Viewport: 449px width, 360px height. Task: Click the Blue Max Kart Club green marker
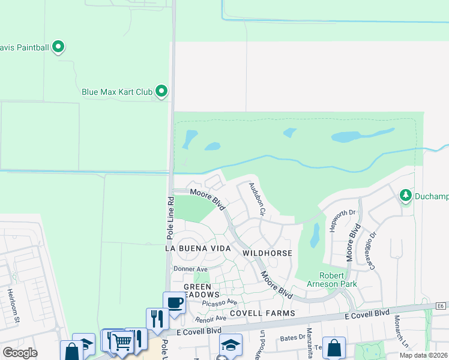(161, 91)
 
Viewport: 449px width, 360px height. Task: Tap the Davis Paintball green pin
(58, 46)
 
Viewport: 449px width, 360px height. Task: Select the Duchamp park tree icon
(406, 195)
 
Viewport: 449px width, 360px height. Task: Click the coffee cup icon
(174, 302)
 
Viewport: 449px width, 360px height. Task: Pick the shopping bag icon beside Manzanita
(334, 347)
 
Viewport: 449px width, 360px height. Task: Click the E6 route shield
(441, 306)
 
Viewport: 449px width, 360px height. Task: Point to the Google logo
(20, 353)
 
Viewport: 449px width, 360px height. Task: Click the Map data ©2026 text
(423, 355)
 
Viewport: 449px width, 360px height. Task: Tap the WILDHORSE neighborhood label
(267, 253)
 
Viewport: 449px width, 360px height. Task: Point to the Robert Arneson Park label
(338, 280)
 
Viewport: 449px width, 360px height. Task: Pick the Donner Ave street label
(190, 269)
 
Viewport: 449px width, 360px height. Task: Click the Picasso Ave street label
(220, 302)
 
